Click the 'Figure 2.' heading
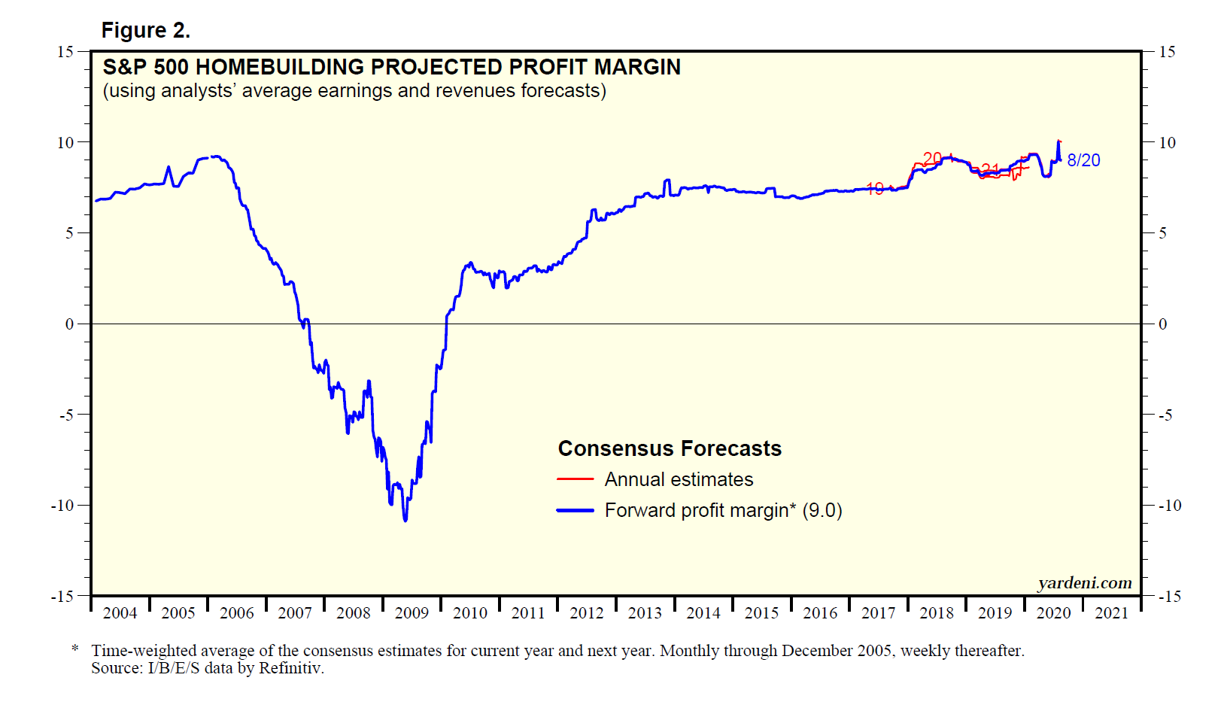pyautogui.click(x=145, y=30)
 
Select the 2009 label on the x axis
pyautogui.click(x=412, y=613)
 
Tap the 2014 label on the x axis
pyautogui.click(x=703, y=613)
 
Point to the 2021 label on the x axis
pyautogui.click(x=1111, y=613)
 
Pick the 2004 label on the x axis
pyautogui.click(x=120, y=613)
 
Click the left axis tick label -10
pyautogui.click(x=62, y=506)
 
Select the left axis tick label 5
pyautogui.click(x=69, y=233)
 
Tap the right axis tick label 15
pyautogui.click(x=1167, y=52)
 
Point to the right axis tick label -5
pyautogui.click(x=1165, y=415)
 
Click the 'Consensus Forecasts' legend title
pyautogui.click(x=670, y=448)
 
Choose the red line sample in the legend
pyautogui.click(x=576, y=479)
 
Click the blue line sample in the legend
pyautogui.click(x=576, y=510)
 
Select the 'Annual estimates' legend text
pyautogui.click(x=679, y=479)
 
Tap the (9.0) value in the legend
pyautogui.click(x=822, y=510)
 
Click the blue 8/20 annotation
pyautogui.click(x=1083, y=160)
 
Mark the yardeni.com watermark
pyautogui.click(x=1084, y=583)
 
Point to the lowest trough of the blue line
pyautogui.click(x=405, y=520)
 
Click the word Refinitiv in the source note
pyautogui.click(x=290, y=668)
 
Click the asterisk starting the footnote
pyautogui.click(x=75, y=649)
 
